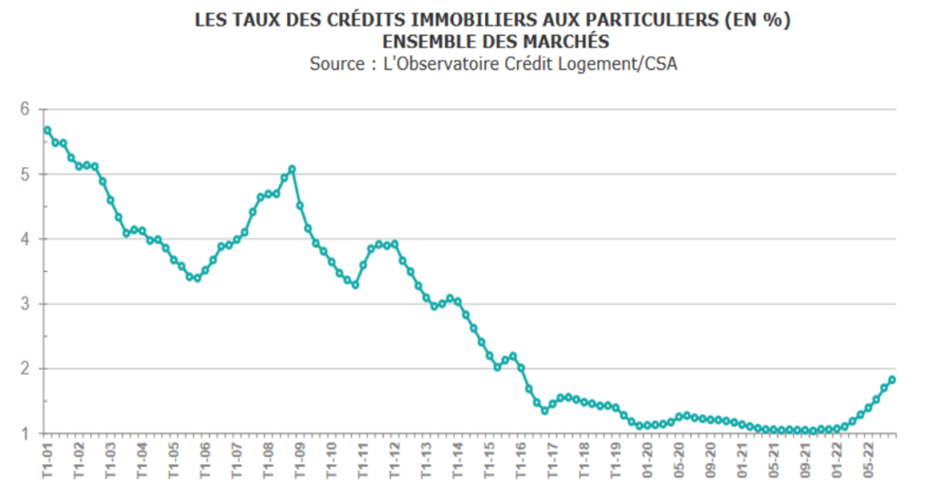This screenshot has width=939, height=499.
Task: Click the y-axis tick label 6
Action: click(x=25, y=109)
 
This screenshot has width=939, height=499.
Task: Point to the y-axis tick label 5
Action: click(x=25, y=174)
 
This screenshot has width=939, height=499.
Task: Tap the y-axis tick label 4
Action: click(x=25, y=239)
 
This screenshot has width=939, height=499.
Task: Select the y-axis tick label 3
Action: click(x=25, y=304)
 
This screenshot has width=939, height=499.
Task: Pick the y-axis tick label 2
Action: click(x=25, y=369)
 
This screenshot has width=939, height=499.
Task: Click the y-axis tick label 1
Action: click(x=25, y=433)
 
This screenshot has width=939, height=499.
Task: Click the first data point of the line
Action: click(x=47, y=130)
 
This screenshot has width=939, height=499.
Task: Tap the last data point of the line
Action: click(x=892, y=379)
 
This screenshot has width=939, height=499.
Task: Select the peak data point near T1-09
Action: click(x=292, y=169)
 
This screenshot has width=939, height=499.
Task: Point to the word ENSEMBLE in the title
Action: click(x=427, y=42)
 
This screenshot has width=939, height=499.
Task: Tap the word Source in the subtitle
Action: click(x=337, y=64)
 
